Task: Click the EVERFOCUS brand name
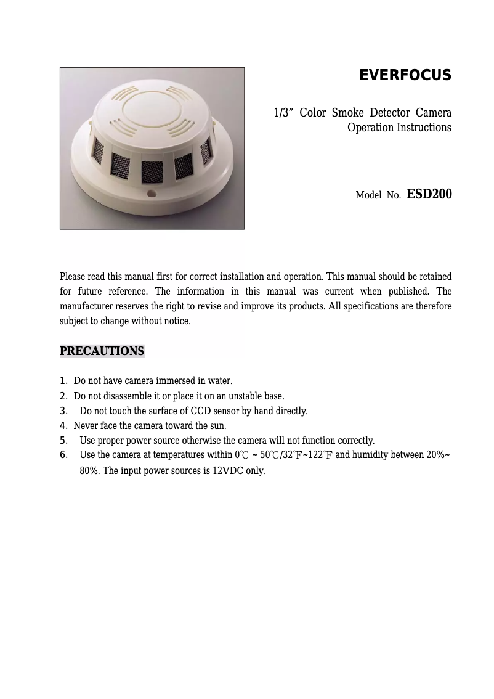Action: pyautogui.click(x=405, y=76)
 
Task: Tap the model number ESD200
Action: pyautogui.click(x=429, y=194)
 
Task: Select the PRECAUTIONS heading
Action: pyautogui.click(x=102, y=351)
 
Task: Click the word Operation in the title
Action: pyautogui.click(x=370, y=128)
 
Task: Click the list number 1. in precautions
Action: pyautogui.click(x=63, y=381)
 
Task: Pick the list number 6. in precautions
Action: pyautogui.click(x=63, y=455)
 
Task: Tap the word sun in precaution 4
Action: pyautogui.click(x=219, y=425)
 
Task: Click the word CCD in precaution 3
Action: pyautogui.click(x=201, y=411)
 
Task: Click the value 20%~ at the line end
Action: pyautogui.click(x=438, y=455)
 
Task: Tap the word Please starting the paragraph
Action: pyautogui.click(x=73, y=276)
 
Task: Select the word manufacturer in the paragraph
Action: pyautogui.click(x=89, y=306)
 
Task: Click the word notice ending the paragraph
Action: pyautogui.click(x=176, y=321)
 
